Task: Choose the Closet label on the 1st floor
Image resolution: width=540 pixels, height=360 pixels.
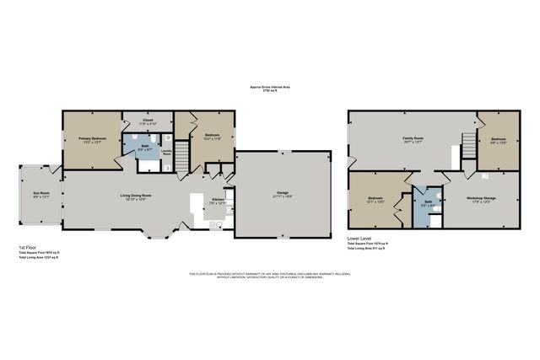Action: click(147, 120)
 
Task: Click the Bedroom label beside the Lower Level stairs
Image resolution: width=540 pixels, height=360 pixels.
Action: click(498, 139)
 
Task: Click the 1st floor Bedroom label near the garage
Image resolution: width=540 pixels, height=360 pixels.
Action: click(211, 135)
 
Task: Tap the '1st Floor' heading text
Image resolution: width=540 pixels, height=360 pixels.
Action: click(28, 246)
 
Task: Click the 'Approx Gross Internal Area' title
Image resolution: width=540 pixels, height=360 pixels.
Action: click(269, 86)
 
